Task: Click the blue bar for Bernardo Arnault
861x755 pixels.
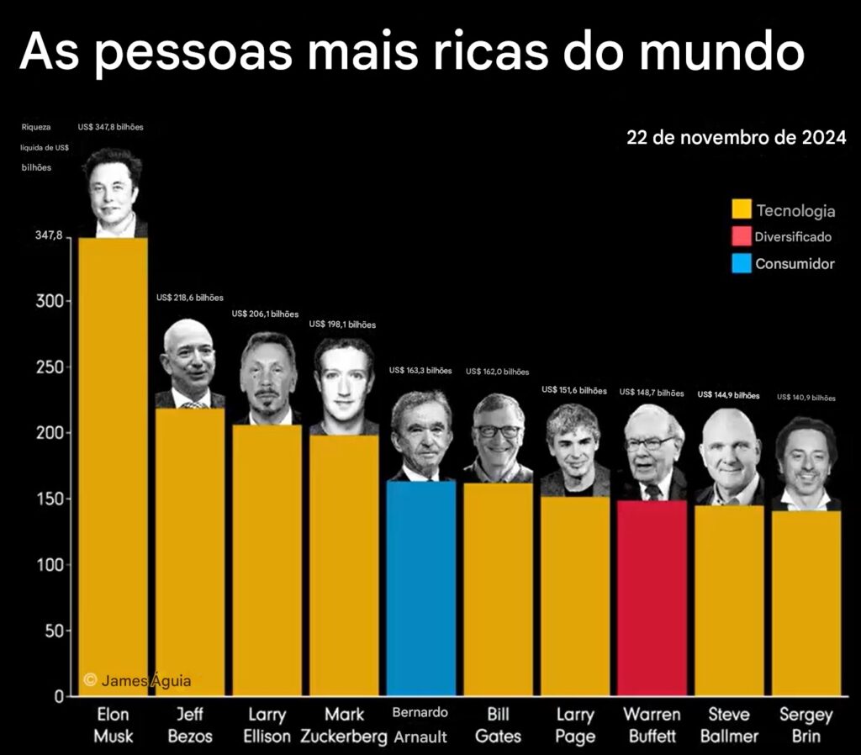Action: [421, 589]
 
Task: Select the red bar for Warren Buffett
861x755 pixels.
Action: [652, 597]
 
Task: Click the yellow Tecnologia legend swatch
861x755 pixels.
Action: [742, 209]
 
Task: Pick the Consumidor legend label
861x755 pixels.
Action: [795, 264]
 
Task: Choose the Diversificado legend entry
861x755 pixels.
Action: [793, 237]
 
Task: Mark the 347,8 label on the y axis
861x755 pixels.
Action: [49, 236]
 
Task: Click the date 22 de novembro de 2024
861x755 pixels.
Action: [736, 137]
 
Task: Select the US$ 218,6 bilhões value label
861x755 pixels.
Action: [190, 298]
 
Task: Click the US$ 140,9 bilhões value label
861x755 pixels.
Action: [806, 398]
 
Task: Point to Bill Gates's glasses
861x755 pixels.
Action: [499, 431]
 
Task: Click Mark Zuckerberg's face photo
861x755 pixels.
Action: [344, 387]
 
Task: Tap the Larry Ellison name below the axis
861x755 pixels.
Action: [267, 726]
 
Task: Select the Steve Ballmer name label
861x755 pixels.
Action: [728, 726]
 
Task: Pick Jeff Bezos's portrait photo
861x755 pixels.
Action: [189, 363]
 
